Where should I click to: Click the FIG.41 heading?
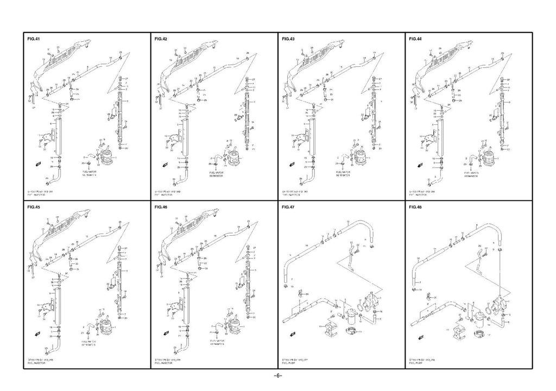34,39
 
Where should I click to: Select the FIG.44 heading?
415,39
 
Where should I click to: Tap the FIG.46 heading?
161,207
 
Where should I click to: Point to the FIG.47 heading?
288,207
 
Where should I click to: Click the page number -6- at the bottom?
277,376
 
